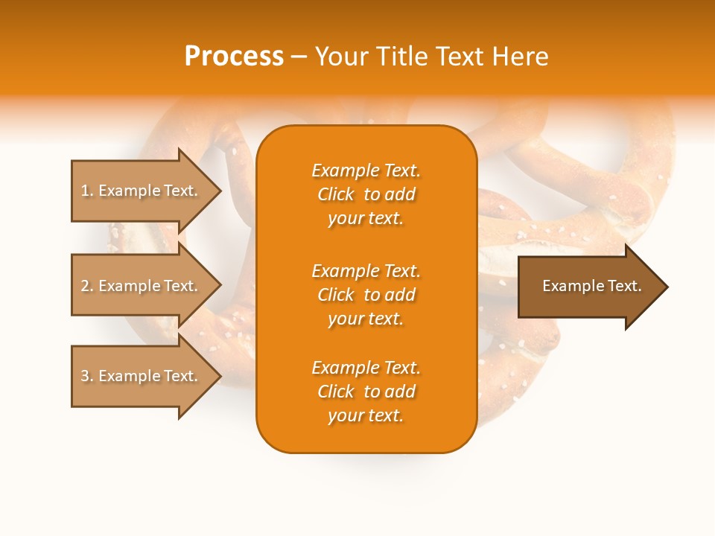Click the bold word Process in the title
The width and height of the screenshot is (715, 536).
point(234,56)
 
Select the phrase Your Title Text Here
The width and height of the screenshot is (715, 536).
point(432,56)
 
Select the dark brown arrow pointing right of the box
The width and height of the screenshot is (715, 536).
point(591,287)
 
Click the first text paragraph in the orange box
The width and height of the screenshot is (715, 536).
point(366,194)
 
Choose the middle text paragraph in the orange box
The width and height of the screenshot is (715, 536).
point(366,295)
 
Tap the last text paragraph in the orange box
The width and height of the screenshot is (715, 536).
point(366,392)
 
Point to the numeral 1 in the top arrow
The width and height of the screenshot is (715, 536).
point(85,191)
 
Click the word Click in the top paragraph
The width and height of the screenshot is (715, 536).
point(336,194)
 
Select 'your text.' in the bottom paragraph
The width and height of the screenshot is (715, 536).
point(366,415)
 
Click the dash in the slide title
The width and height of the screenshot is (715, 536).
point(299,57)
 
